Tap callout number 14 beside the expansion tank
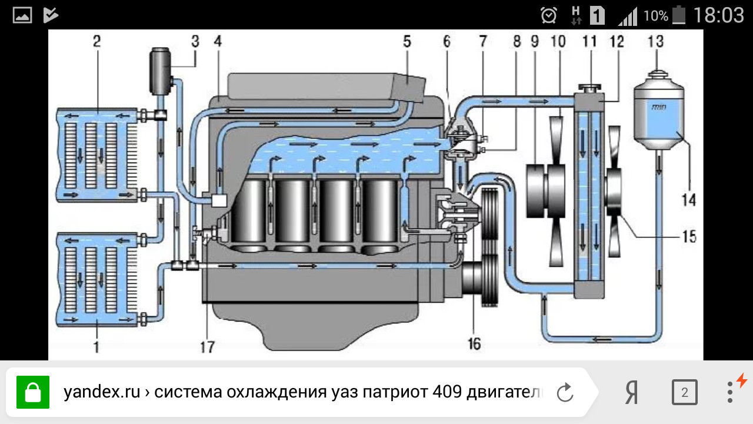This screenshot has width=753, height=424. click(x=689, y=200)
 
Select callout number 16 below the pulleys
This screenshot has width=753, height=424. click(x=474, y=343)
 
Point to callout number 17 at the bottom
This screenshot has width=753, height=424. click(x=207, y=347)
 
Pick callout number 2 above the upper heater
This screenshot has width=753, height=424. click(x=96, y=42)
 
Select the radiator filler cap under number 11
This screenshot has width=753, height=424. click(x=589, y=88)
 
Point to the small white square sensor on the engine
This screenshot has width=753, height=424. click(x=218, y=200)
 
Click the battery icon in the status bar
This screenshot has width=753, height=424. click(x=679, y=15)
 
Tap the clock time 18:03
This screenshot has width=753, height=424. click(x=718, y=15)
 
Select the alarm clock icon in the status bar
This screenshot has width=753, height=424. click(x=549, y=15)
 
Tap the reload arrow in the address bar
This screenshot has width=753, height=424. click(x=565, y=392)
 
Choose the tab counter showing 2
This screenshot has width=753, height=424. click(x=684, y=392)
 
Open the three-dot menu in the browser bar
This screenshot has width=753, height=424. click(x=729, y=392)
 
